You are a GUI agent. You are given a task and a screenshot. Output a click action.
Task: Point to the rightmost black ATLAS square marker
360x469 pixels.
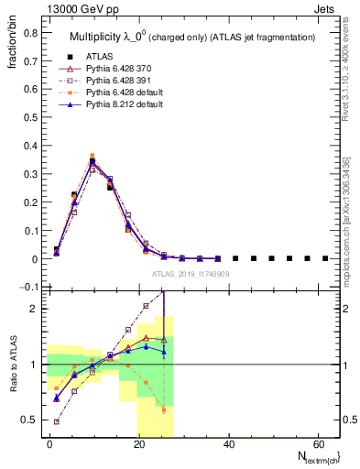point(325,258)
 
